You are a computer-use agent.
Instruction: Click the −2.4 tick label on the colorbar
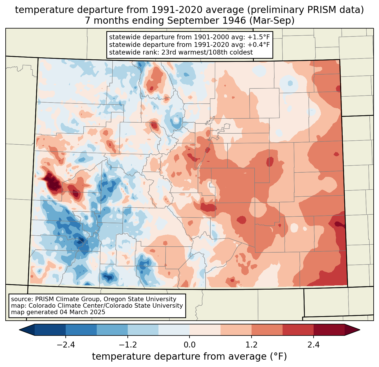pyautogui.click(x=65, y=345)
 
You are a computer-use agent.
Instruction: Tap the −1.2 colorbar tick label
pyautogui.click(x=127, y=345)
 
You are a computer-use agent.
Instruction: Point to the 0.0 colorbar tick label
pyautogui.click(x=189, y=345)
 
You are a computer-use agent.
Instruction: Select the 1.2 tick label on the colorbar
pyautogui.click(x=252, y=345)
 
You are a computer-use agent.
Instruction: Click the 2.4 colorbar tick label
pyautogui.click(x=314, y=345)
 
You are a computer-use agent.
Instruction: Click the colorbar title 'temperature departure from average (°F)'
pyautogui.click(x=189, y=357)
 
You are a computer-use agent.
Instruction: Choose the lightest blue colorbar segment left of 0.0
pyautogui.click(x=174, y=330)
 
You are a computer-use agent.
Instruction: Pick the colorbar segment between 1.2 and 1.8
pyautogui.click(x=267, y=330)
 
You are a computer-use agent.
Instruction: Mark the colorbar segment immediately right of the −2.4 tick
pyautogui.click(x=81, y=330)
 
